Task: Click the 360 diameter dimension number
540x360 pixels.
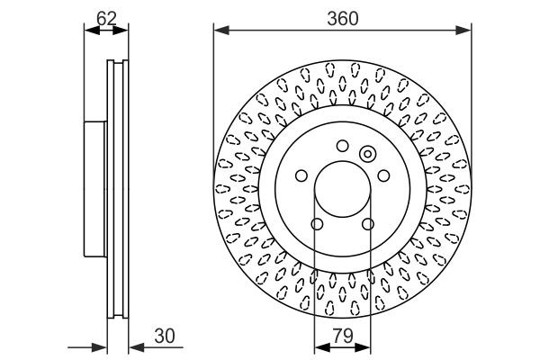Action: tap(342, 15)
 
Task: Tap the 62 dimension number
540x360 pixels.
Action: tap(105, 15)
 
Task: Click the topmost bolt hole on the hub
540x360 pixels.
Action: tap(342, 147)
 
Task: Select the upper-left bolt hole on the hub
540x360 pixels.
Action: tap(302, 175)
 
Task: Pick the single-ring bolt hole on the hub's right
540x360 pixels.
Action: tap(382, 175)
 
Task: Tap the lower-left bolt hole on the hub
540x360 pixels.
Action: tap(317, 224)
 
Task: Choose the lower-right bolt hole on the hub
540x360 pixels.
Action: tap(367, 224)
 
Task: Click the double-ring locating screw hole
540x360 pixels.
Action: tap(367, 154)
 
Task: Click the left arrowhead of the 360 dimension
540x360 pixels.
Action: tap(219, 31)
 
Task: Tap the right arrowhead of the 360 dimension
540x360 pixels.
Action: tap(467, 31)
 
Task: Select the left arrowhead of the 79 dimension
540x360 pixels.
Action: tap(319, 346)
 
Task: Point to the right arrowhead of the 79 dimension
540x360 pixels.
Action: tap(365, 346)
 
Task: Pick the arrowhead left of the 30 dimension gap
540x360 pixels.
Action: tap(102, 346)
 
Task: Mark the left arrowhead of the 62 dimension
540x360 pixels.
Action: tap(88, 31)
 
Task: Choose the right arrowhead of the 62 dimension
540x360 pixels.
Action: tap(122, 31)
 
